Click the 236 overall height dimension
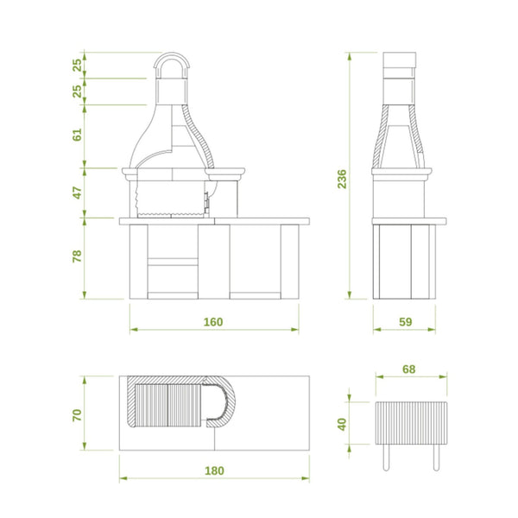pyautogui.click(x=342, y=179)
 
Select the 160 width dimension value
pyautogui.click(x=213, y=322)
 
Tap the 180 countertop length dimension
pyautogui.click(x=214, y=471)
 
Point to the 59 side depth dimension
pyautogui.click(x=406, y=322)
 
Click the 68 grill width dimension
pyautogui.click(x=408, y=369)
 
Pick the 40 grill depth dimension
pyautogui.click(x=342, y=424)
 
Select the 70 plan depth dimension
pyautogui.click(x=77, y=415)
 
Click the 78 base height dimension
pyautogui.click(x=77, y=256)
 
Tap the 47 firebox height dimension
pyautogui.click(x=77, y=193)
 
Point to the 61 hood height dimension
pyautogui.click(x=77, y=135)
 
